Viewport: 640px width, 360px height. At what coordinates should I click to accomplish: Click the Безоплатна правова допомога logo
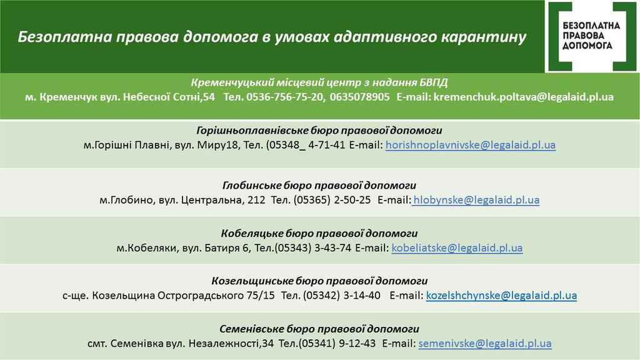point(592,36)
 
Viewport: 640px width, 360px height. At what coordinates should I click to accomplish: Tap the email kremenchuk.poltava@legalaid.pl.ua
point(524,97)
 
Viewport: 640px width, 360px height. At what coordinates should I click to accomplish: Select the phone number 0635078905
point(359,97)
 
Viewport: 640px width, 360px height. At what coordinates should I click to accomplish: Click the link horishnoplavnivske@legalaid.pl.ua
point(471,145)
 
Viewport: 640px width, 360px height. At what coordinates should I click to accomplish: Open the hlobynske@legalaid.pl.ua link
point(476,200)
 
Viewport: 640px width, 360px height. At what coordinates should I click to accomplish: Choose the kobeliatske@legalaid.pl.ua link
point(457,247)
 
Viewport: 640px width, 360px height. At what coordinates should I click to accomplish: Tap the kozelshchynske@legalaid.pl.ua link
point(501,295)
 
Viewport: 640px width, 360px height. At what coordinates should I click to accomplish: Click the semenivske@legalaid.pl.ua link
point(485,343)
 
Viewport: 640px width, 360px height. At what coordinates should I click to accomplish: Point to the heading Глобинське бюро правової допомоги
point(319,185)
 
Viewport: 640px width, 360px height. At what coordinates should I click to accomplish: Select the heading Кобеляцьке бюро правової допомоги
point(319,234)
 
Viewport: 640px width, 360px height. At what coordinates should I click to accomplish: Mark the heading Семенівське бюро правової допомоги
point(319,329)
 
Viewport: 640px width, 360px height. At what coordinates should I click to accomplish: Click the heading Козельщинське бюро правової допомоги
point(319,281)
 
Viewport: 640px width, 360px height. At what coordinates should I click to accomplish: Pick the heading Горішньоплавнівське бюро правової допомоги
point(319,131)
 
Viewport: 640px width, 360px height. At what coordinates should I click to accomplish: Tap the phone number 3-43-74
point(332,247)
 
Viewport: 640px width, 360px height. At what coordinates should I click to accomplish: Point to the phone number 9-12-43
point(357,343)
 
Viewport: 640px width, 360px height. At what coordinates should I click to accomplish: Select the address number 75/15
point(261,295)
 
